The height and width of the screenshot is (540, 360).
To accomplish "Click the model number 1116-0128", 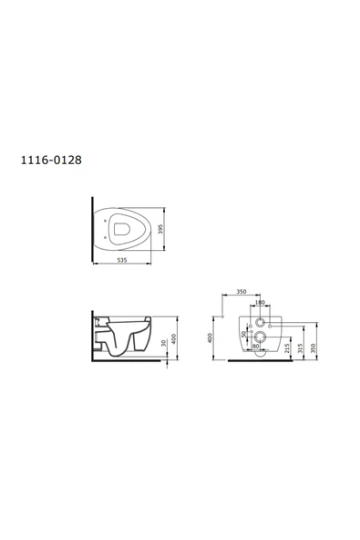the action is click(51, 161).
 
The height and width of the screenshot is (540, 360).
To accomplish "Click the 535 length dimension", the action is click(122, 260).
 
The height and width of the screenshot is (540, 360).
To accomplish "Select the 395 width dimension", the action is click(160, 229).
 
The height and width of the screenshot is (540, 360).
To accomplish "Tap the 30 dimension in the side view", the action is click(164, 343).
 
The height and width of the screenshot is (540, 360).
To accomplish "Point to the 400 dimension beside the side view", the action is click(174, 338).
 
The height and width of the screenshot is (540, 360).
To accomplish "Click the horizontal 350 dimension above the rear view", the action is click(242, 292).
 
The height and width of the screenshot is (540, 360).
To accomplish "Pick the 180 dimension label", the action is click(260, 302).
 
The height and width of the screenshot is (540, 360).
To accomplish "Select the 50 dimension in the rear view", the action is click(244, 335).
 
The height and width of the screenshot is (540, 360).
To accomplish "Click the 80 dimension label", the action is click(256, 346).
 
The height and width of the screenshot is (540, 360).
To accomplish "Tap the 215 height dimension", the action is click(287, 348).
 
